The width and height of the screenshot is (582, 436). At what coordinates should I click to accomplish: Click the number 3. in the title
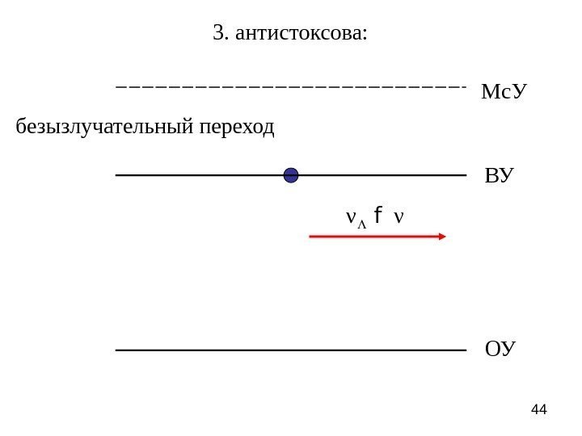(x=220, y=33)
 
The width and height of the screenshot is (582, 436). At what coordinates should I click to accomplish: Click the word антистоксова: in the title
(x=301, y=34)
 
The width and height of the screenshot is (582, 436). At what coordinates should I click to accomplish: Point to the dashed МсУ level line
(x=291, y=84)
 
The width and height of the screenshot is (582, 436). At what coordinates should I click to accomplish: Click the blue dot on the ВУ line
(x=291, y=175)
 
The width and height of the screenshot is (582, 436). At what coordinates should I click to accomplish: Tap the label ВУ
(x=499, y=176)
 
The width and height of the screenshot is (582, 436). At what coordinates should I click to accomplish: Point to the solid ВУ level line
(x=202, y=175)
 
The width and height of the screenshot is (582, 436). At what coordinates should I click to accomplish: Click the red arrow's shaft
(x=372, y=237)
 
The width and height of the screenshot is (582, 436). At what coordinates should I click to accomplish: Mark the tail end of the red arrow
(x=312, y=237)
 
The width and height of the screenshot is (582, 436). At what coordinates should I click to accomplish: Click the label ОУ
(x=500, y=350)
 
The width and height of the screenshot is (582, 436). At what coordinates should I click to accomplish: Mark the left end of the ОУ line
(x=118, y=350)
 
